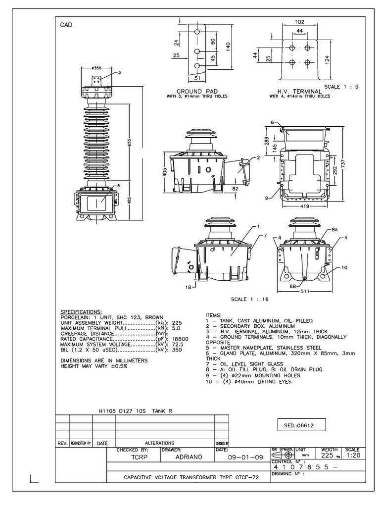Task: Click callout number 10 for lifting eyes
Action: coord(344,268)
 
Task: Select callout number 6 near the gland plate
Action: coord(273,122)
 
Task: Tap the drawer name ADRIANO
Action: coord(189,457)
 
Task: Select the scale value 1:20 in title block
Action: coord(352,455)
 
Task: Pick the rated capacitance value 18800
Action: coord(181,338)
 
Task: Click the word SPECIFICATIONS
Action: coord(80,312)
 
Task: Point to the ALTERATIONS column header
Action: coord(159,443)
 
